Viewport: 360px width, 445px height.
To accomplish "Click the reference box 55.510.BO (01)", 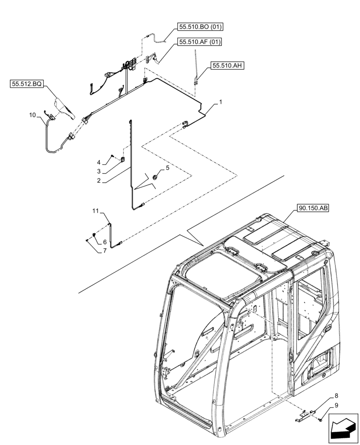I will [200, 27].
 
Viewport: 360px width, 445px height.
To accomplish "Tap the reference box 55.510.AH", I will [228, 65].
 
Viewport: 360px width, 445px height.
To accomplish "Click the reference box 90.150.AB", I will [311, 208].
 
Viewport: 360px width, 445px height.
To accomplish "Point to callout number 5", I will [167, 168].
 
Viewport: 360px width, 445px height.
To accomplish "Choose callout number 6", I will [105, 242].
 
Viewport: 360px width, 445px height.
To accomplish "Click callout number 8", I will [337, 395].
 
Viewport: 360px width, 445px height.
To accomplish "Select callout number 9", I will [337, 405].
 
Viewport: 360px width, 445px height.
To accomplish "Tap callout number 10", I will [33, 115].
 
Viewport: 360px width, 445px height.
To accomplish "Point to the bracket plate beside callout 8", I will [304, 417].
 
